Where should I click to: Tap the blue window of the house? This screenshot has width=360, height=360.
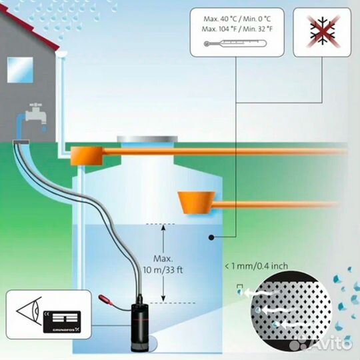click(x=19, y=68)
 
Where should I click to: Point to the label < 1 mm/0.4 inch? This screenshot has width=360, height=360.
click(x=257, y=266)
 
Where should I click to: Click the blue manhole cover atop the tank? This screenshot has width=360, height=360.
click(x=147, y=139)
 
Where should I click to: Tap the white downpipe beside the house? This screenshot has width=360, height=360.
click(x=61, y=100)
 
